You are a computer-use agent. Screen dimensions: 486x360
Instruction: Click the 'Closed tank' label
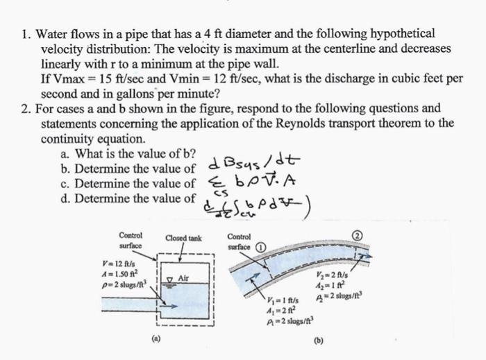pyautogui.click(x=183, y=238)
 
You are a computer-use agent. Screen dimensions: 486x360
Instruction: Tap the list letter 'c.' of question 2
pyautogui.click(x=67, y=184)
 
